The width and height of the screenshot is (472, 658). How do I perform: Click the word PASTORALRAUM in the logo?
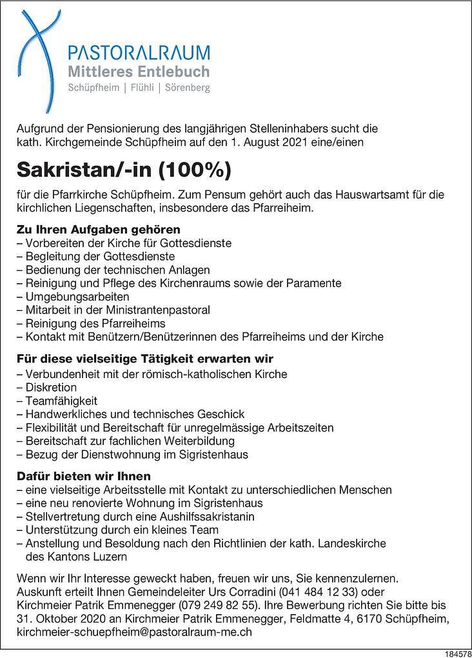pos(139,53)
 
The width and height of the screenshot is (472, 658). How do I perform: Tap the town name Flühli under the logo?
pos(144,88)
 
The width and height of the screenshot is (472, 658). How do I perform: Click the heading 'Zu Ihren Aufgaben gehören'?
pos(99,230)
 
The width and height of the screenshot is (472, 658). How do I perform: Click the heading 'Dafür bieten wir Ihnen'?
pos(84,477)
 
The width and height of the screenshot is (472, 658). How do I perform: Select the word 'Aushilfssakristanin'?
pos(205,517)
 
